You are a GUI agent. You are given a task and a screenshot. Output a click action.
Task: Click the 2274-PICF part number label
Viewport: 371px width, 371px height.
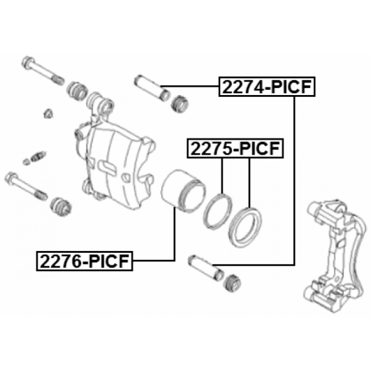(x=267, y=87)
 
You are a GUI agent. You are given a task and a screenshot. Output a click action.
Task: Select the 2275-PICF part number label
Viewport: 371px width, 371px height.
(x=235, y=148)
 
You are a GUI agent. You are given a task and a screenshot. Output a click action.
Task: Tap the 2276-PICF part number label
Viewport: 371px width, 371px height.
(x=84, y=261)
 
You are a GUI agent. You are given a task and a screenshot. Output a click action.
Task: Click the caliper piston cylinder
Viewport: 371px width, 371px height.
(x=183, y=191)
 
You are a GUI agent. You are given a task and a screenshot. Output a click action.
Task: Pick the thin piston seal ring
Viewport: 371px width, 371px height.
(x=217, y=211)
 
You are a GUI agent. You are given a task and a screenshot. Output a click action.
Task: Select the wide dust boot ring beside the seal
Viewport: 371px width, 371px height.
(x=245, y=227)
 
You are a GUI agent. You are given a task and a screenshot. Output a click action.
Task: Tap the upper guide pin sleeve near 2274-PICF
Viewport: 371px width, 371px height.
(x=153, y=88)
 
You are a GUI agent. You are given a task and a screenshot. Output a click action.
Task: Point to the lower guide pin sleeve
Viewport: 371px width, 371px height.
(x=206, y=268)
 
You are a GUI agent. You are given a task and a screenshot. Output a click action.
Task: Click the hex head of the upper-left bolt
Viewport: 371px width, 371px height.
(x=28, y=63)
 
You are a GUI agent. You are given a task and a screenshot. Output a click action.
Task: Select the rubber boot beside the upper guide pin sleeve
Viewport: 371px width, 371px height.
(x=179, y=104)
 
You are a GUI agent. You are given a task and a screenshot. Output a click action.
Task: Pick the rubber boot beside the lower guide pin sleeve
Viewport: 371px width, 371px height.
(x=232, y=283)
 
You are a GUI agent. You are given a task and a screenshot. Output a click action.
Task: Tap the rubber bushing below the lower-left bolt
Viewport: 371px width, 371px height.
(x=61, y=207)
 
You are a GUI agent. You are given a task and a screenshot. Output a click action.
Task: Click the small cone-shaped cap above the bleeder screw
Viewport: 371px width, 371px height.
(x=49, y=114)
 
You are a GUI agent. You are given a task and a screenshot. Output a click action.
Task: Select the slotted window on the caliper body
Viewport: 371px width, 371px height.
(x=108, y=167)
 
